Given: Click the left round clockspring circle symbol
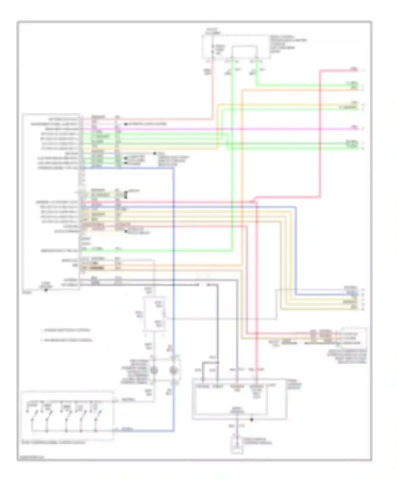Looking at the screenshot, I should [154, 370].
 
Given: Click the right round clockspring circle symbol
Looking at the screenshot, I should [173, 370].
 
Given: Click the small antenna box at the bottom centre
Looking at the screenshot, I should [237, 445].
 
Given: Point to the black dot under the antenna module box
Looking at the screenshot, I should [252, 420].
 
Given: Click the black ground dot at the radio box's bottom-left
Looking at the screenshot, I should [46, 290].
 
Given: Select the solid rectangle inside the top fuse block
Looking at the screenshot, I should [244, 51].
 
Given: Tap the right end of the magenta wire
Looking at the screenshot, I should [358, 129].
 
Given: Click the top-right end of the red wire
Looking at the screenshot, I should [358, 70].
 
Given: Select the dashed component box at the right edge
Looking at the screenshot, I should [353, 338].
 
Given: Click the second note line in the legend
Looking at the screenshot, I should [66, 340].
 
